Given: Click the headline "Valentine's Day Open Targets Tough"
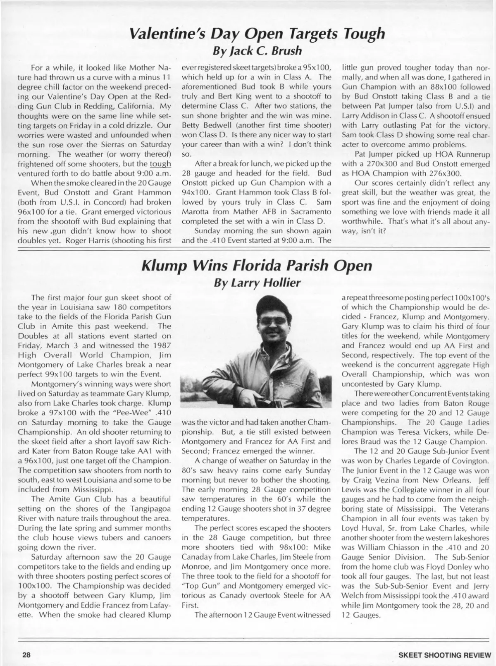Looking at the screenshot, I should [257, 33].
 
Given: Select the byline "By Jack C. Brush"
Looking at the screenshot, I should [257, 51].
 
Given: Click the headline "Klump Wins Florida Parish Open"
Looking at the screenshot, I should [257, 265].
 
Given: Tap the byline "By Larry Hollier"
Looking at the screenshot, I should [257, 283].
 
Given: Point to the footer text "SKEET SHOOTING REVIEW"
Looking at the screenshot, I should [445, 655].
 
